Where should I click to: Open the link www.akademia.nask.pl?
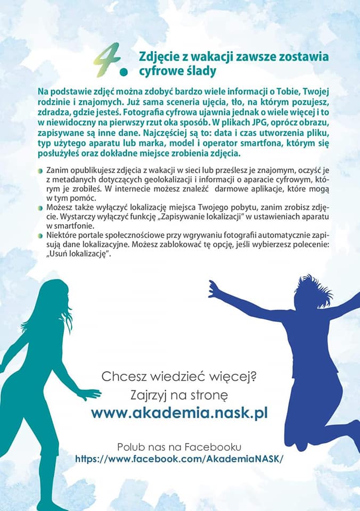pos(179,413)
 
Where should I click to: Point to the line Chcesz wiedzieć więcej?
pos(179,377)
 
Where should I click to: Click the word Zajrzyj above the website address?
pos(152,395)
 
